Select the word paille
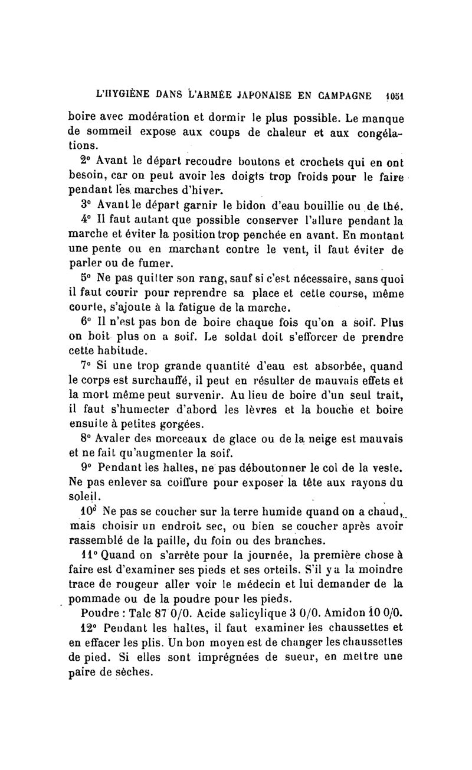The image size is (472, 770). point(172,541)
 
